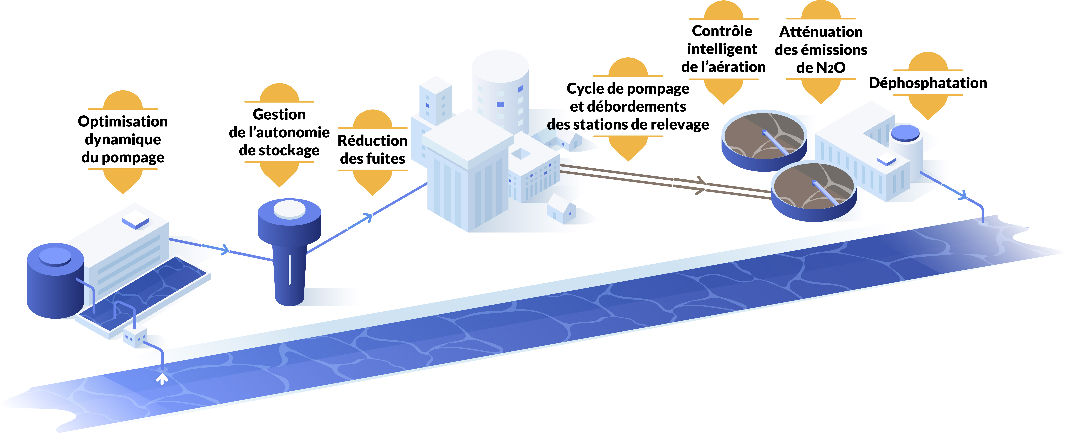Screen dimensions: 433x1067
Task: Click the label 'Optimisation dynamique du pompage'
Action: [123, 139]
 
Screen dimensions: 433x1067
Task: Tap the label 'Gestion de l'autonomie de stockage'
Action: [279, 132]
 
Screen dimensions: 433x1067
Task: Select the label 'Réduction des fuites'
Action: [372, 150]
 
